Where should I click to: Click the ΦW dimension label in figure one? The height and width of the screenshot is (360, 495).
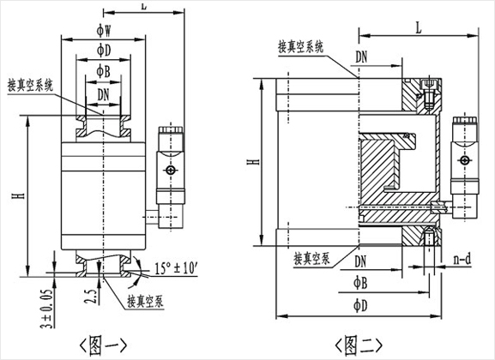104,31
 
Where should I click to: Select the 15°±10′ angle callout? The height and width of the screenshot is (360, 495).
176,268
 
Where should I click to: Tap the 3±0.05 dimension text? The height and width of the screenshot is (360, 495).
46,309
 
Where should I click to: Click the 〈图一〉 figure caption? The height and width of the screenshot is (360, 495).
103,345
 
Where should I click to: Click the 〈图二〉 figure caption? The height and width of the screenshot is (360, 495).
359,345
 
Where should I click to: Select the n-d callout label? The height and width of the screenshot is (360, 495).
462,260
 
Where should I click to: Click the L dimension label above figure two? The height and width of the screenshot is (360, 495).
419,28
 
